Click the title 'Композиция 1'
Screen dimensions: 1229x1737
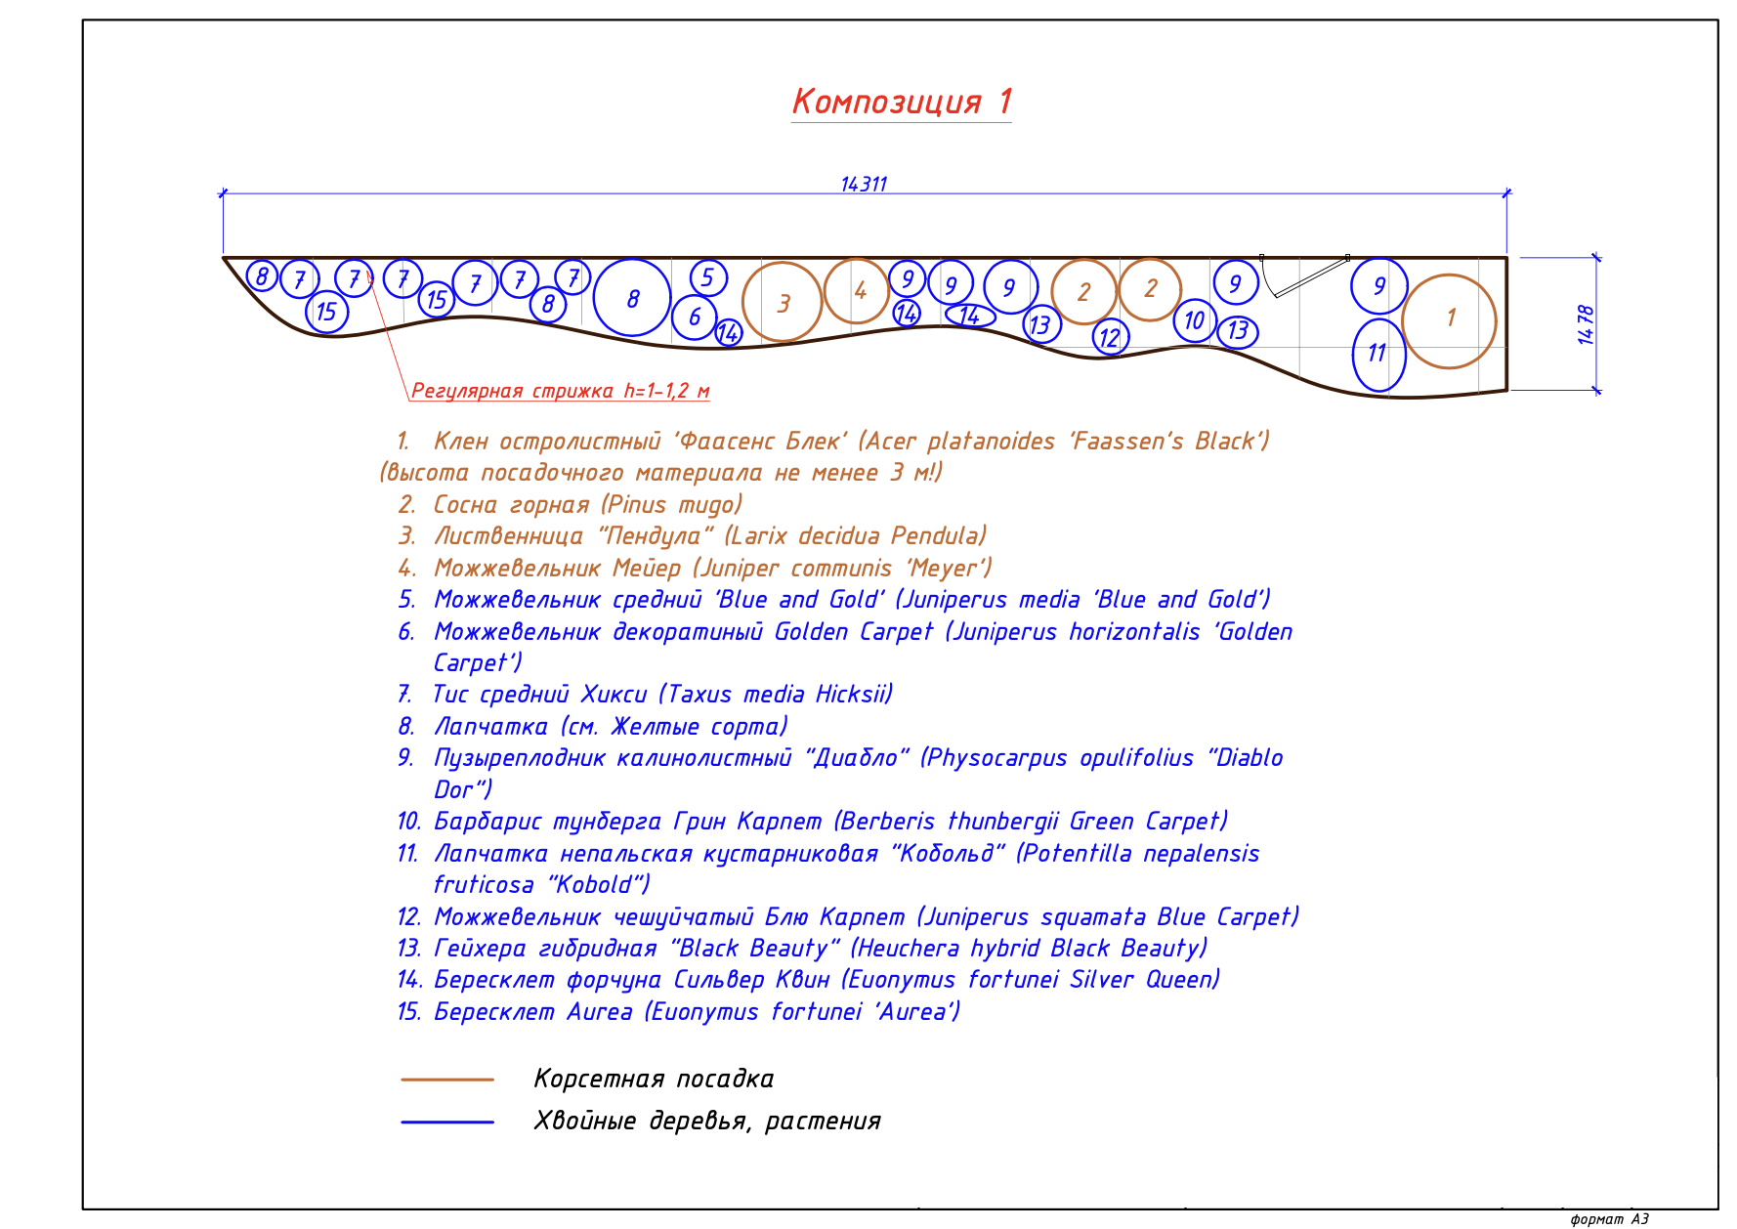pos(901,102)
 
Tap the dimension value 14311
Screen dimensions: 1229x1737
pos(864,185)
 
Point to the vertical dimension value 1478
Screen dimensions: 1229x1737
pos(1585,324)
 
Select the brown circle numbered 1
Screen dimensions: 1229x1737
pos(1449,320)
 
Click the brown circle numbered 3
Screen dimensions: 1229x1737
pos(782,302)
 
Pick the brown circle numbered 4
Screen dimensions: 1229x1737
pos(858,290)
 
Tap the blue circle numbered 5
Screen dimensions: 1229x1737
pos(708,277)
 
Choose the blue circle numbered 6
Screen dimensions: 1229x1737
pos(695,317)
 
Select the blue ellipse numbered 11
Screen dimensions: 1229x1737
pos(1377,355)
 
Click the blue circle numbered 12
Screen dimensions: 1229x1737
pos(1110,338)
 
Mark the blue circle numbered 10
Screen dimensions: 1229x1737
pos(1194,320)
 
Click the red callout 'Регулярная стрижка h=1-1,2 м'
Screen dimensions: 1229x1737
pos(559,392)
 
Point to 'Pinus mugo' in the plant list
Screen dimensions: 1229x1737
pos(671,505)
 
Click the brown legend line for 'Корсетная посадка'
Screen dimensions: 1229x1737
pos(447,1080)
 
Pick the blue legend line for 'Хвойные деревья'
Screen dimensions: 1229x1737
pos(447,1122)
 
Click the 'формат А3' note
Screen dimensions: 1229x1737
pos(1609,1218)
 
